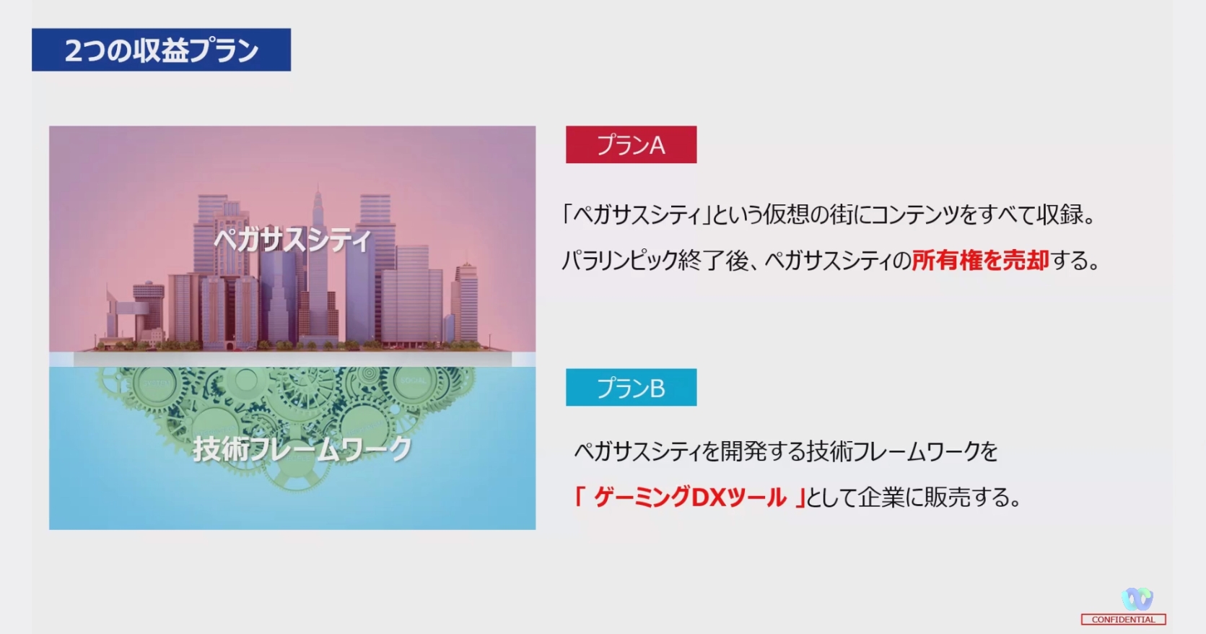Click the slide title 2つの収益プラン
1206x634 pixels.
point(162,50)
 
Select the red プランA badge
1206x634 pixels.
point(631,144)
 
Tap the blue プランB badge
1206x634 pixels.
point(631,387)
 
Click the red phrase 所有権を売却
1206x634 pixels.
point(980,260)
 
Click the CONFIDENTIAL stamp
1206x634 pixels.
point(1123,620)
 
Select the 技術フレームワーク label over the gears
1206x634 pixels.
point(302,448)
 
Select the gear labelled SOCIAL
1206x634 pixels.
point(413,381)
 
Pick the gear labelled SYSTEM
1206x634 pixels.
point(156,383)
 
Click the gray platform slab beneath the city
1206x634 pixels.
point(292,359)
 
